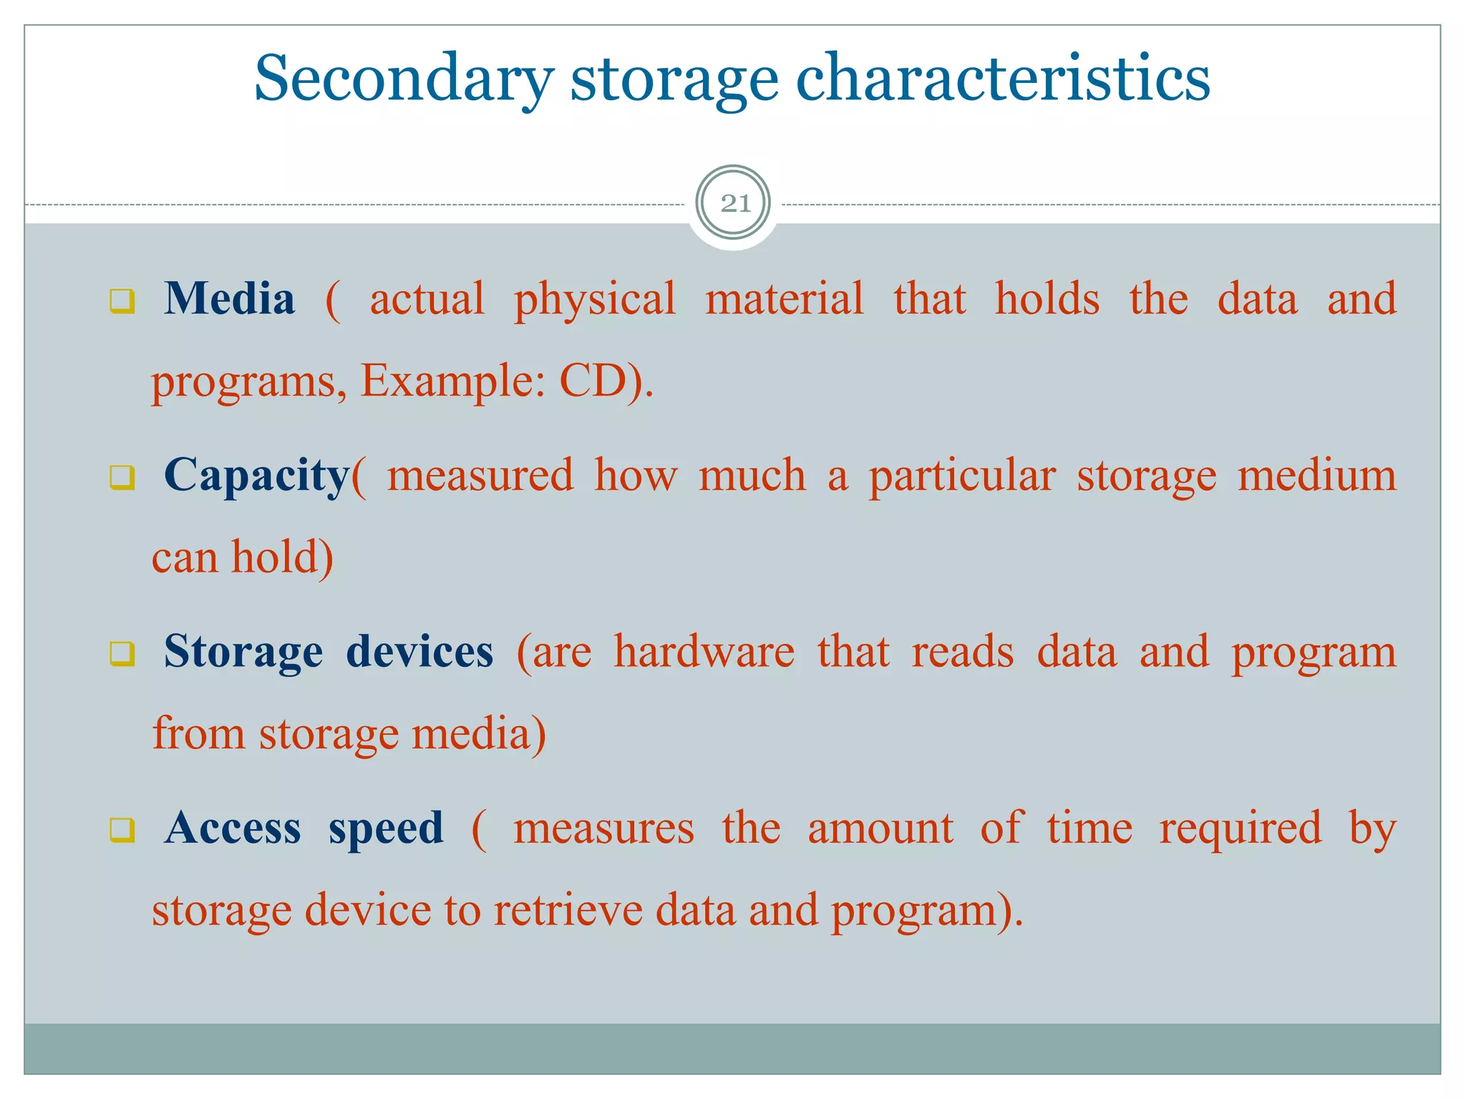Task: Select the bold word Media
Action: tap(229, 299)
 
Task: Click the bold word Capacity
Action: tap(256, 476)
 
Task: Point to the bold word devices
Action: tap(419, 652)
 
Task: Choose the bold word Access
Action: tap(233, 829)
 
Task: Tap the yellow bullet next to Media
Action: tap(122, 301)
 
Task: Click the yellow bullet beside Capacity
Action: tap(122, 477)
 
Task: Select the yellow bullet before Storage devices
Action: tap(122, 653)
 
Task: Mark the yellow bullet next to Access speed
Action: tap(122, 830)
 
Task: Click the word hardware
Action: tap(704, 652)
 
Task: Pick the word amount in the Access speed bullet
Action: tap(880, 829)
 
